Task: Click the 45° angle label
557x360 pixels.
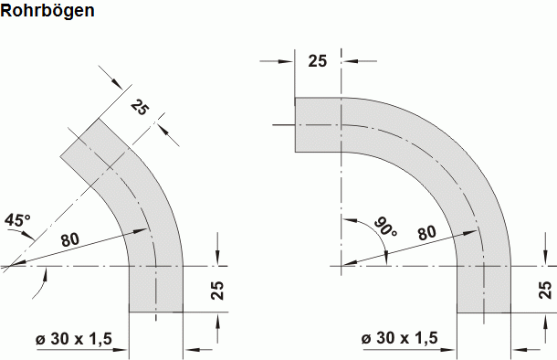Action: [17, 220]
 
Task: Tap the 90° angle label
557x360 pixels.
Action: [384, 226]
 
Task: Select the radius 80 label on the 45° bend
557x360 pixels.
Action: [70, 239]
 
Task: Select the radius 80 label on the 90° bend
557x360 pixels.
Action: [426, 232]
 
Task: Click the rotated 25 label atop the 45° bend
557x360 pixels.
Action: [139, 108]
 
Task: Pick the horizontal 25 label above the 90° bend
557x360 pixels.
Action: [317, 61]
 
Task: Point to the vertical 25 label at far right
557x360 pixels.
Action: [545, 291]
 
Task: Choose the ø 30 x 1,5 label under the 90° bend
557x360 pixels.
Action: [400, 339]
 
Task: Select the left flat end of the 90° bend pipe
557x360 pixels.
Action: [294, 124]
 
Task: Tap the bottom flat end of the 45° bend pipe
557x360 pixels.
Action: [156, 312]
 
